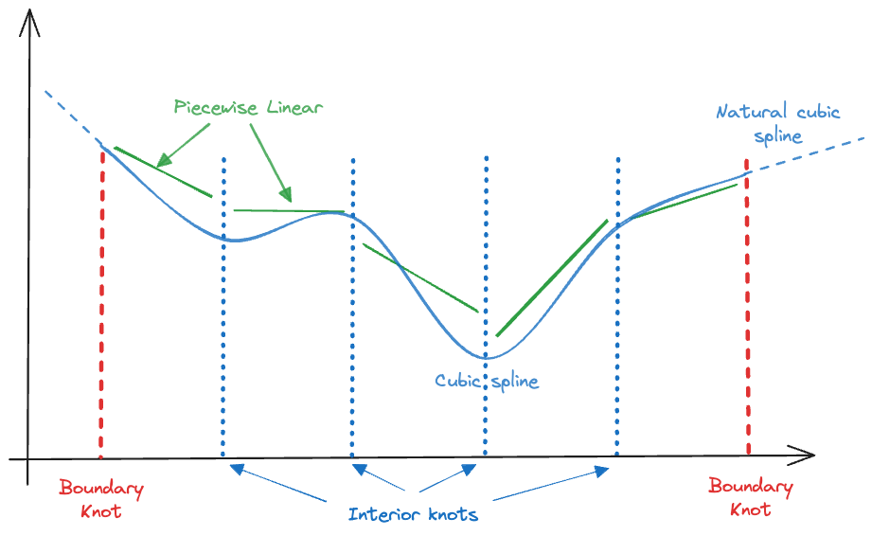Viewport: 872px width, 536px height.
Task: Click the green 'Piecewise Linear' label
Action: coord(248,107)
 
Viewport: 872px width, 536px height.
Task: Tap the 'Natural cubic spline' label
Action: coord(778,123)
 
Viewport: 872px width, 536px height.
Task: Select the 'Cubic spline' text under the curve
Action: coord(487,382)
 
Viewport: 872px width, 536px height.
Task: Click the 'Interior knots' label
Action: coord(413,514)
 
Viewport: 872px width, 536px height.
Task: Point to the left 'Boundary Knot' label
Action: coord(101,499)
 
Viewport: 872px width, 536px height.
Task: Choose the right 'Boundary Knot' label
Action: coord(751,497)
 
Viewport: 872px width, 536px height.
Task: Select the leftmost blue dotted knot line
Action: coord(223,307)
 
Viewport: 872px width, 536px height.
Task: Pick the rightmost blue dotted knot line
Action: coord(618,307)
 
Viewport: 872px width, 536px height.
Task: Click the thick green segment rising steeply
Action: coord(552,278)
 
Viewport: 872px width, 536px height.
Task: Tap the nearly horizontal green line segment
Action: coord(289,211)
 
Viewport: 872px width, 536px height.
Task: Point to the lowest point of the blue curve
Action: coord(486,358)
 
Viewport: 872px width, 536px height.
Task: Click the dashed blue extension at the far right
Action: coord(807,155)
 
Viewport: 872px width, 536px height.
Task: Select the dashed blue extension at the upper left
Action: coord(73,116)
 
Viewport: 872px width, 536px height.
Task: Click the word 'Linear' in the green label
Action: coord(294,107)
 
